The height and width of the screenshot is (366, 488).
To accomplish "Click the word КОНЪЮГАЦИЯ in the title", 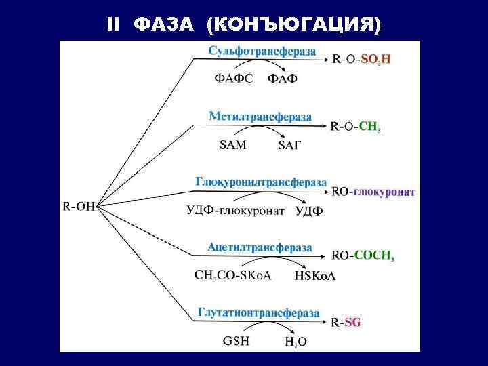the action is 296,24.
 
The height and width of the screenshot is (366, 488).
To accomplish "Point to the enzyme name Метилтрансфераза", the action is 260,116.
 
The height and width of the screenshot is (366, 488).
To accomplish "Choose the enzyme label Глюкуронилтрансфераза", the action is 261,182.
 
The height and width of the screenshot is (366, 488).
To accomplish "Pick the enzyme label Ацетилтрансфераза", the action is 260,247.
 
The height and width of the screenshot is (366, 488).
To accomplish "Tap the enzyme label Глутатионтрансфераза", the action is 258,312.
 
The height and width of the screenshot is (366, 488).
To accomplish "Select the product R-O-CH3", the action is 356,126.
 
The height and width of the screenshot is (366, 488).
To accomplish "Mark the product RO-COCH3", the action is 363,256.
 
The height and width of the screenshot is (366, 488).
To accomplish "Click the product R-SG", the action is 346,323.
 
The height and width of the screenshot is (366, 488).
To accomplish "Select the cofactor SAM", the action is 233,144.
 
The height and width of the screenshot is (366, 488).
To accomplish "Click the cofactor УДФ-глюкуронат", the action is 235,210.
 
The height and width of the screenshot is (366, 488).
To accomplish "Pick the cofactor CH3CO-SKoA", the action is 232,276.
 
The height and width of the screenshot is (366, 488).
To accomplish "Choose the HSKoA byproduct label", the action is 315,276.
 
